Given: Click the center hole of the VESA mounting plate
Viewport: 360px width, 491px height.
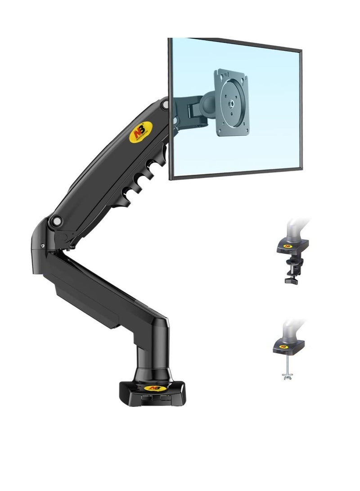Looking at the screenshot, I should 232,103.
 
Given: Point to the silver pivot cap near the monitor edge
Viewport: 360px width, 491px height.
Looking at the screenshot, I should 166,104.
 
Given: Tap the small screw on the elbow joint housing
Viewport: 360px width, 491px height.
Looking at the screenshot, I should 43,246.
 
